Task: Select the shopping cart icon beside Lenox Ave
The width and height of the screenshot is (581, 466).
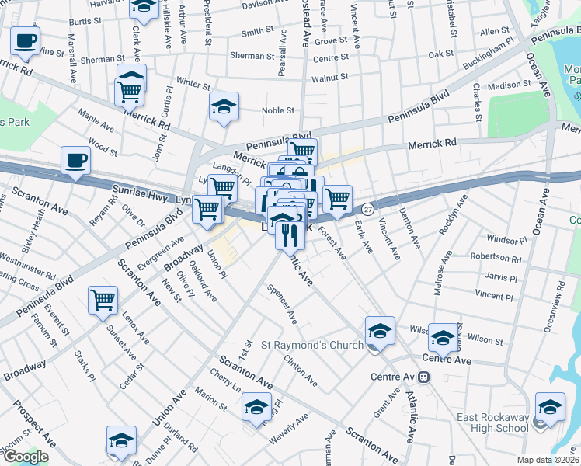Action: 103,301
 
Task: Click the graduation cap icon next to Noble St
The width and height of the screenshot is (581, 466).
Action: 224,107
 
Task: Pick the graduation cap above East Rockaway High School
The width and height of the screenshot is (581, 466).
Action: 550,407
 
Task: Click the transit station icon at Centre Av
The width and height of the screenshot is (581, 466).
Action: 423,377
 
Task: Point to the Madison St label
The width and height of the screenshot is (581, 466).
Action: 509,85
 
